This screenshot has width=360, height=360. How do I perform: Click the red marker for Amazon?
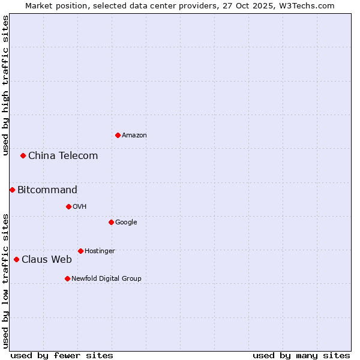click(x=118, y=135)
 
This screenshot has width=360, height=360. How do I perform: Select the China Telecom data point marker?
click(x=23, y=155)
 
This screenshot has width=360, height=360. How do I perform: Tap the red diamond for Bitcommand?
click(x=12, y=190)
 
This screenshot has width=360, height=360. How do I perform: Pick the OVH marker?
click(x=68, y=206)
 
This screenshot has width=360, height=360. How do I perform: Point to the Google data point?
click(x=111, y=222)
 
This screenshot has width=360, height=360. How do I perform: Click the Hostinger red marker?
click(x=80, y=251)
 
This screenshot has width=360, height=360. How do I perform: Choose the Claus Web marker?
click(x=16, y=259)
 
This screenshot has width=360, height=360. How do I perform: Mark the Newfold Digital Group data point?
click(x=67, y=278)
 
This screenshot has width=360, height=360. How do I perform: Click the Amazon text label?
click(x=134, y=136)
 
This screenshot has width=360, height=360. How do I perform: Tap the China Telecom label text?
click(x=63, y=156)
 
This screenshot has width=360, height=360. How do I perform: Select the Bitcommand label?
click(x=47, y=190)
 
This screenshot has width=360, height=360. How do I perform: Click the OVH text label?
click(x=80, y=207)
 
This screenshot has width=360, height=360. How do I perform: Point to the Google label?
click(x=126, y=223)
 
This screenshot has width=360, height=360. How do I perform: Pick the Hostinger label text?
click(x=100, y=251)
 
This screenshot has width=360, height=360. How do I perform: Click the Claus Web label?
click(x=47, y=260)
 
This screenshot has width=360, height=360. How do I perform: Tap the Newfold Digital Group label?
click(x=106, y=279)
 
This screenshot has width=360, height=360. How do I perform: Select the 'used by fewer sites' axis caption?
click(x=62, y=356)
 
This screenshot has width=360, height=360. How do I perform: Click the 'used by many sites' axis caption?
click(x=301, y=356)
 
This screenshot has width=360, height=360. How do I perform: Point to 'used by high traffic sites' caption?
click(x=5, y=85)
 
